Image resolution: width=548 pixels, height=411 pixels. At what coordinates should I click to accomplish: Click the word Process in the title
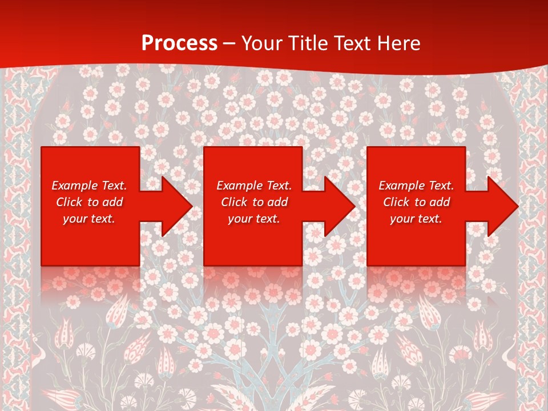coord(179,43)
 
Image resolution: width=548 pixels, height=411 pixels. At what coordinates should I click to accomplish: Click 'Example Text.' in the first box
coord(89,186)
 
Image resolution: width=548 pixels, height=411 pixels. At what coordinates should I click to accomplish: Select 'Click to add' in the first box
coord(89,202)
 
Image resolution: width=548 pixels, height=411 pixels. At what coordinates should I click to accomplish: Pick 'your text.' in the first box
coord(89,219)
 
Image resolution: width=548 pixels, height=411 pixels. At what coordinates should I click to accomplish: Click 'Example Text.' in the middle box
coord(254,186)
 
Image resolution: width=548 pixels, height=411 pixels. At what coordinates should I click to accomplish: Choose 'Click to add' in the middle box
coord(254,202)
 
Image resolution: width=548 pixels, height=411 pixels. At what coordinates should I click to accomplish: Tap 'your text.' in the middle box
coord(254,219)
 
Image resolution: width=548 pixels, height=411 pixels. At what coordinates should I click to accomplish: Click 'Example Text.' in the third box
coord(416,186)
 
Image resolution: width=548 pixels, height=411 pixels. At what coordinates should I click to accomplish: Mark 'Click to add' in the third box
coord(416,202)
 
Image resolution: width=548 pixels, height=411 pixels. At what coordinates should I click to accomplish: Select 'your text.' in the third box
coord(416,219)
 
